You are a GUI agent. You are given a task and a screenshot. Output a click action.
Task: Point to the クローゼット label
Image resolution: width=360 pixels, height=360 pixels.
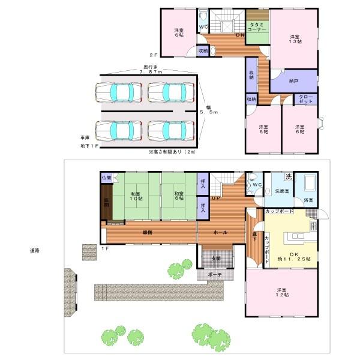(x=306, y=100)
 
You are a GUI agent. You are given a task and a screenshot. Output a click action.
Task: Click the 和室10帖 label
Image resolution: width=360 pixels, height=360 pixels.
(x=136, y=196)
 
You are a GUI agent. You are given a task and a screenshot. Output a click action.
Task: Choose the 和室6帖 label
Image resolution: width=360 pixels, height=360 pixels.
(x=178, y=196)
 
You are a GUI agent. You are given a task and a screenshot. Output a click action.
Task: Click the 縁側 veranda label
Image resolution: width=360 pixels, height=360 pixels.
(x=146, y=232)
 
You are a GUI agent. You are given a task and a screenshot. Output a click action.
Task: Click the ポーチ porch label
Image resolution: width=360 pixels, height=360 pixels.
(x=216, y=275)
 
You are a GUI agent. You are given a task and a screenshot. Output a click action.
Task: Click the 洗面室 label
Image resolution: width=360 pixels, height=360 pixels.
(x=281, y=191)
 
